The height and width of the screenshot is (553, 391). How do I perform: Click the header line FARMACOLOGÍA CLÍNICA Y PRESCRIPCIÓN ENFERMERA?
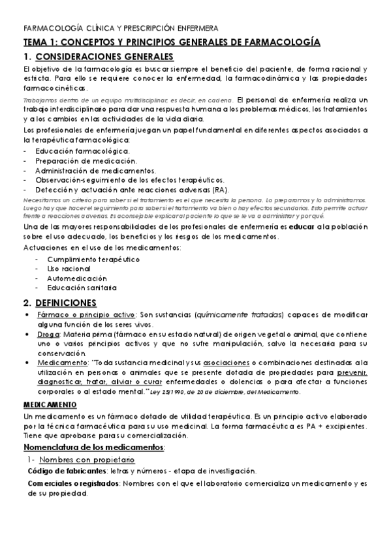tap(121, 29)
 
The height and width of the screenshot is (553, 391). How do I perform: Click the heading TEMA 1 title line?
tap(171, 42)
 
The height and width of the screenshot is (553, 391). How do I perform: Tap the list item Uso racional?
tap(69, 269)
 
